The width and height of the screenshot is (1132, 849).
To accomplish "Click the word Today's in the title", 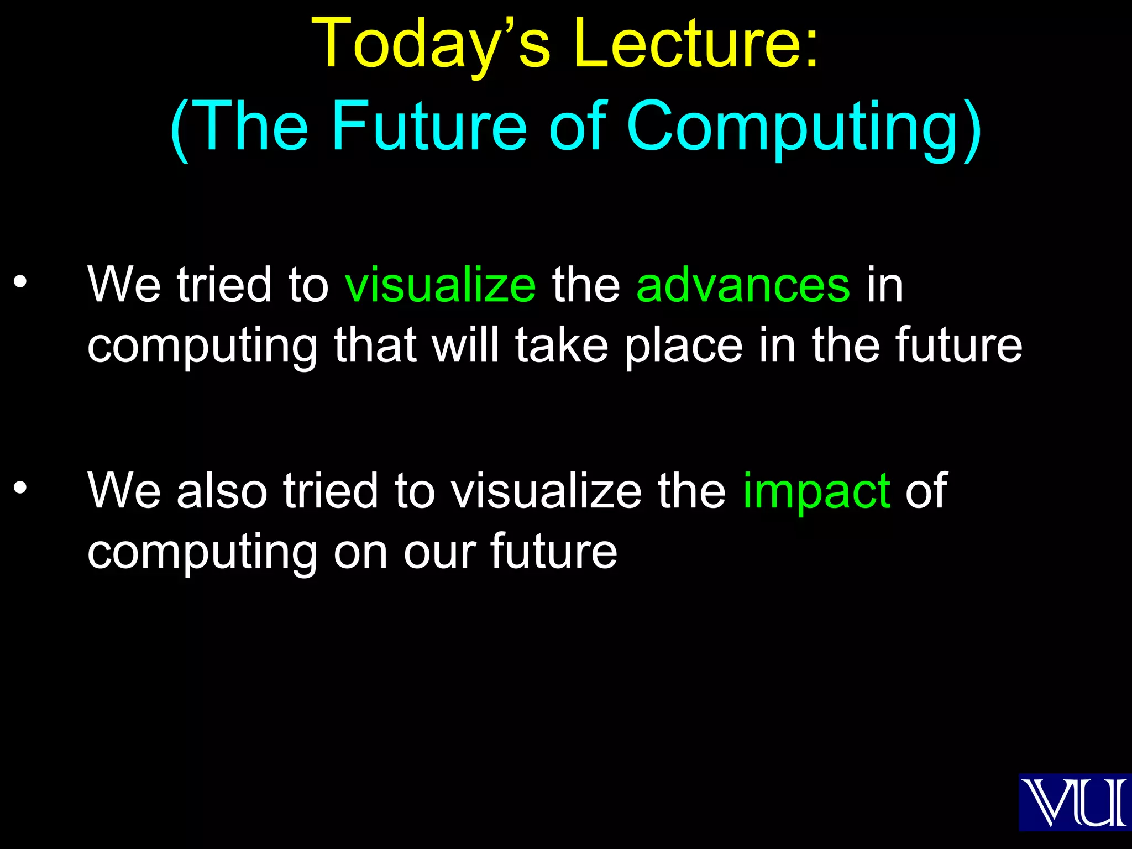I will (x=431, y=44).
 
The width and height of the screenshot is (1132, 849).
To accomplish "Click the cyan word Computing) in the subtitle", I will (x=804, y=127).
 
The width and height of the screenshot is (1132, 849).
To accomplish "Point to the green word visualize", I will (x=440, y=285).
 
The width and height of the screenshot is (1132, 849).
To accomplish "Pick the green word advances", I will (x=743, y=285).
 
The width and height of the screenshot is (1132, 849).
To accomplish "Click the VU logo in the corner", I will (x=1075, y=803).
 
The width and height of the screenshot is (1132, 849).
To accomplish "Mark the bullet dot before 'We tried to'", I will (x=20, y=282).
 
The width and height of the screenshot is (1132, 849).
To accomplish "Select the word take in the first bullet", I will (x=562, y=346).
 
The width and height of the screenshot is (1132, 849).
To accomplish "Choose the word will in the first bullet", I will (x=465, y=346).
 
